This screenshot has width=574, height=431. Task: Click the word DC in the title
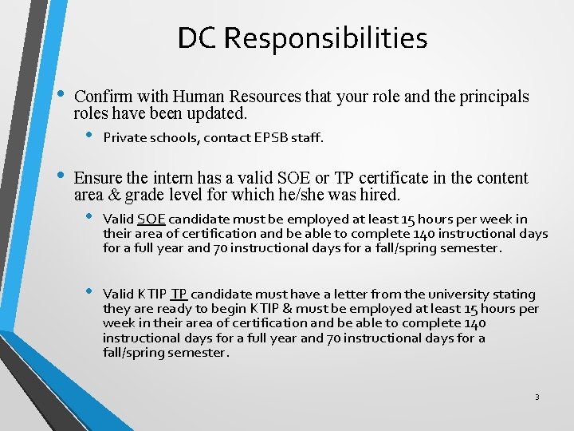click(x=195, y=38)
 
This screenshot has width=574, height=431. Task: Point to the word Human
click(x=209, y=97)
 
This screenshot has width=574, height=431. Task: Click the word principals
click(x=492, y=97)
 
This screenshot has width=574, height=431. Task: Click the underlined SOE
click(x=151, y=219)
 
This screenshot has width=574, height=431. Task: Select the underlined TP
click(x=179, y=294)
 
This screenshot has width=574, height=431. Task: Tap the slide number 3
click(x=537, y=397)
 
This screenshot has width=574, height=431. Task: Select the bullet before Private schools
click(x=91, y=136)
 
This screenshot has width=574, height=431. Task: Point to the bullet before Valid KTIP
click(x=91, y=293)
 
